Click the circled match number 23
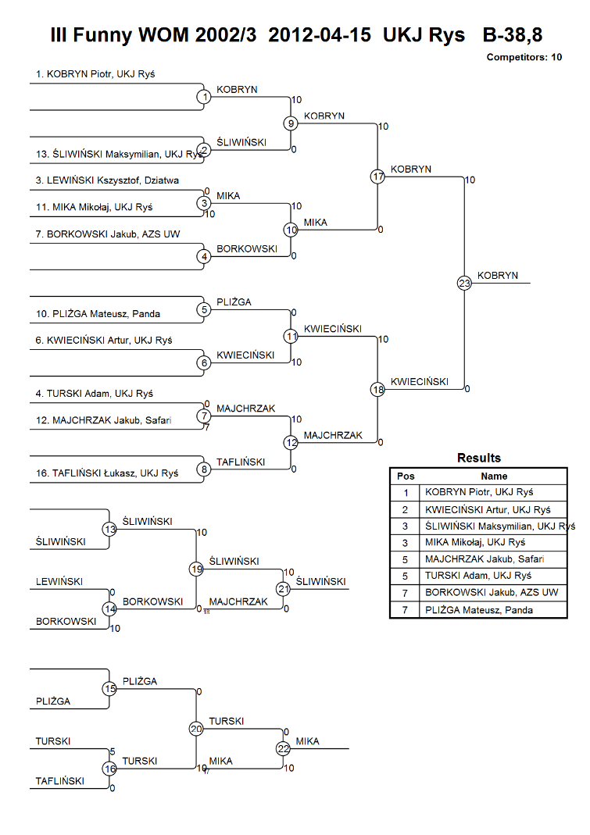point(464,283)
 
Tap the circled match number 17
point(377,177)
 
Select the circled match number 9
point(291,123)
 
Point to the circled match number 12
point(291,443)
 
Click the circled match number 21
point(283,588)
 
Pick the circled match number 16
point(109,769)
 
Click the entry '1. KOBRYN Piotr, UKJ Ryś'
point(95,74)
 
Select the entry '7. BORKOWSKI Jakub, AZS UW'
point(108,234)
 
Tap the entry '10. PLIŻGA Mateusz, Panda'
point(98,314)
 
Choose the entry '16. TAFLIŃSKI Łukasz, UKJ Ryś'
point(107,473)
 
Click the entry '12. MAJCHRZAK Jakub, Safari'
point(103,420)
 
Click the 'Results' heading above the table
point(479,458)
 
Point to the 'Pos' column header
point(406,476)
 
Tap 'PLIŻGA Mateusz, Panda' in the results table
point(478,610)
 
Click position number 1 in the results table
point(406,493)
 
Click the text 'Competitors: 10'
point(524,57)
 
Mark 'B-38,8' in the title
point(513,34)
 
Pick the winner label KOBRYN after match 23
point(497,275)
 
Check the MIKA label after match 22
point(308,741)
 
